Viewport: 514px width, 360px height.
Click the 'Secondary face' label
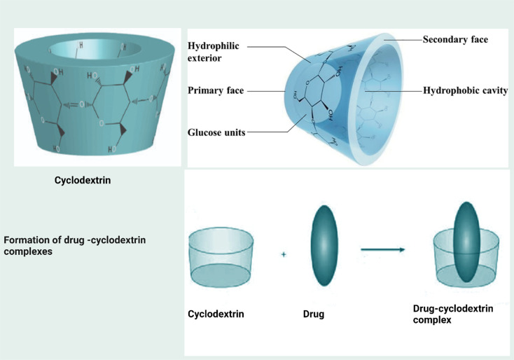pos(455,40)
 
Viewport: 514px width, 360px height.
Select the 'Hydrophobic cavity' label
pos(465,91)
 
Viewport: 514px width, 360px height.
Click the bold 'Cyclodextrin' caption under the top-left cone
pos(83,180)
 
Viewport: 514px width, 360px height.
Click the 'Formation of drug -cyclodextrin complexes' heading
pos(79,246)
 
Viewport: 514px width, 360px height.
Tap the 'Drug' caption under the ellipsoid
pos(314,314)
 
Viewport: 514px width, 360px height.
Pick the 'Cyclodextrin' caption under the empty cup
pos(216,314)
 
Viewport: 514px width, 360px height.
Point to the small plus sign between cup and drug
pos(284,255)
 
